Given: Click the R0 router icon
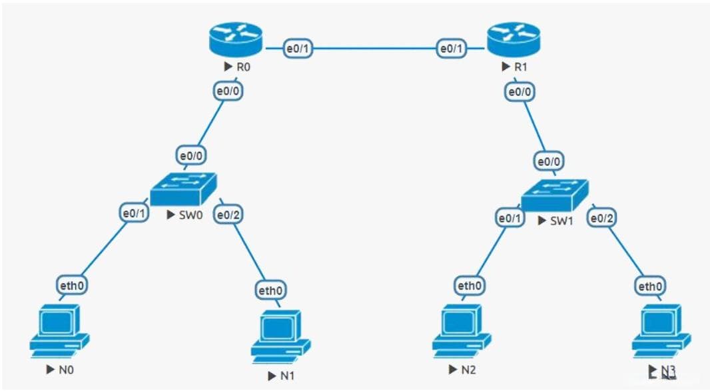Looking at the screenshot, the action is pyautogui.click(x=236, y=40).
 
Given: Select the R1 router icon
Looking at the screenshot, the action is pyautogui.click(x=514, y=40).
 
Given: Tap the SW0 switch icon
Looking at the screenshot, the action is pyautogui.click(x=183, y=189).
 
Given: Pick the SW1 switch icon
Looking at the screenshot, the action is pyautogui.click(x=555, y=195).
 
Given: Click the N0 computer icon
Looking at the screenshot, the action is pyautogui.click(x=59, y=332).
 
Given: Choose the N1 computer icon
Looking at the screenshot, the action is pyautogui.click(x=281, y=336).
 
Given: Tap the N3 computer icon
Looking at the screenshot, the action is pyautogui.click(x=661, y=332).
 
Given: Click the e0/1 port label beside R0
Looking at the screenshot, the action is pyautogui.click(x=298, y=48).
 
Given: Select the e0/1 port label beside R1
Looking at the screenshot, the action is pyautogui.click(x=452, y=48).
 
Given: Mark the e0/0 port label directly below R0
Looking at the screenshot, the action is pyautogui.click(x=228, y=91).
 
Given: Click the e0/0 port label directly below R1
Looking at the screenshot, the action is pyautogui.click(x=520, y=92).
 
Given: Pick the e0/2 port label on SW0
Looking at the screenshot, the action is pyautogui.click(x=228, y=214).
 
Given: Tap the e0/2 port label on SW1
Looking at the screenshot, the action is pyautogui.click(x=602, y=218).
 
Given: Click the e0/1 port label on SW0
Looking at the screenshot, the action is pyautogui.click(x=134, y=213).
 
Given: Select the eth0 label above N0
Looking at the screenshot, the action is pyautogui.click(x=72, y=286).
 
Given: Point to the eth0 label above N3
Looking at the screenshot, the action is pyautogui.click(x=650, y=286).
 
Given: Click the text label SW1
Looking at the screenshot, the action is pyautogui.click(x=561, y=220).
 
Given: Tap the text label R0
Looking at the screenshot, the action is pyautogui.click(x=243, y=67).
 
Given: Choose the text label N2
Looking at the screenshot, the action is pyautogui.click(x=469, y=370).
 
